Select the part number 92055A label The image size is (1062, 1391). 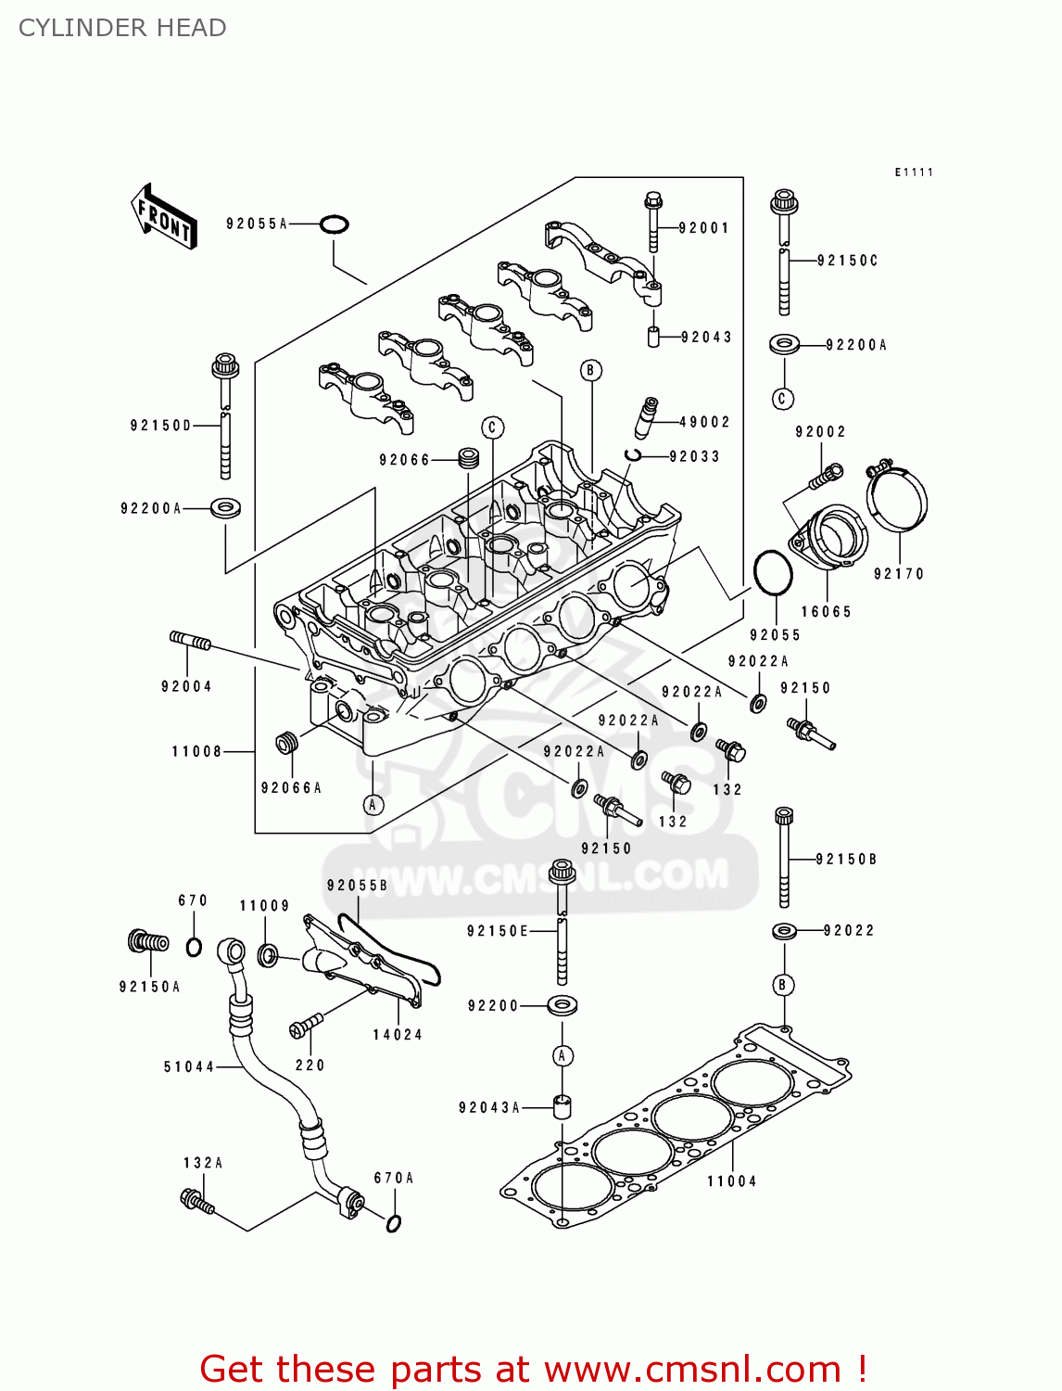(257, 223)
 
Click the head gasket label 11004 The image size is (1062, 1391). (731, 1181)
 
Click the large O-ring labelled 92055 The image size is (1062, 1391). (773, 575)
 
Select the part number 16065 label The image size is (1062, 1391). (826, 612)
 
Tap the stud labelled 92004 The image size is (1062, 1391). (190, 641)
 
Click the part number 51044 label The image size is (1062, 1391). (189, 1067)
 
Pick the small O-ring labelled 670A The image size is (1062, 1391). (393, 1222)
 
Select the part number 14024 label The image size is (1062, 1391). (398, 1035)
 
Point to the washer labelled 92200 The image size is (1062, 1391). (561, 1005)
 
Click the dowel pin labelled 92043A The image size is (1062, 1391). (561, 1106)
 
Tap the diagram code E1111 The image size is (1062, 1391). (914, 172)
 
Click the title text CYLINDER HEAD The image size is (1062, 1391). (122, 28)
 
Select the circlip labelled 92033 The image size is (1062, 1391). (634, 454)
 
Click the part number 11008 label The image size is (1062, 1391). (196, 751)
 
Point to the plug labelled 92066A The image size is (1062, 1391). (288, 744)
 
